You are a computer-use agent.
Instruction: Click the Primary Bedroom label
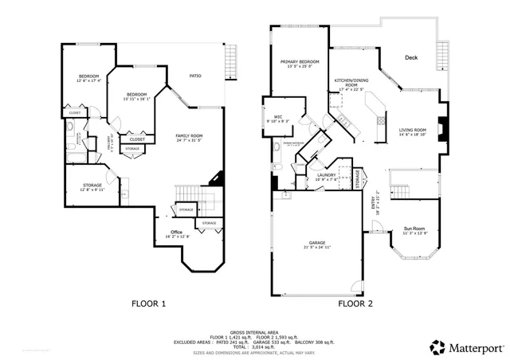300,62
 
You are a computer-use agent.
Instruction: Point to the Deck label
411,58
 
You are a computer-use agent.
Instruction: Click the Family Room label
189,136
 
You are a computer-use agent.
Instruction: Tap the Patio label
194,76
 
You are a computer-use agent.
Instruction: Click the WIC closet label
279,117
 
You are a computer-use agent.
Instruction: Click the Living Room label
413,130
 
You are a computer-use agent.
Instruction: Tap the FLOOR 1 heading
148,303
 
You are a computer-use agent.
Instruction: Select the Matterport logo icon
436,346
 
